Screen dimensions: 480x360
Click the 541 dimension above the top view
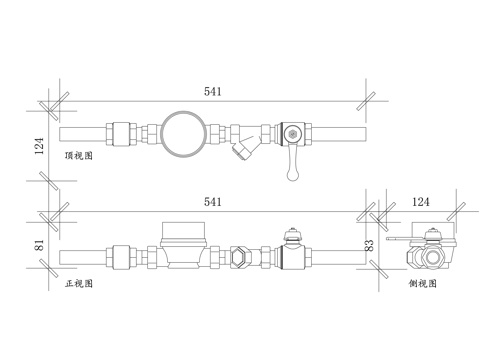213,91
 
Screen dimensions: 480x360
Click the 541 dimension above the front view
213,202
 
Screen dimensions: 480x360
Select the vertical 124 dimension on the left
39,146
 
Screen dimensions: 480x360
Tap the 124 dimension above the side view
421,202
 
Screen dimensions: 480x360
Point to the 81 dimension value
39,245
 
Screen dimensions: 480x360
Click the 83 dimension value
370,245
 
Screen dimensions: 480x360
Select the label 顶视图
79,156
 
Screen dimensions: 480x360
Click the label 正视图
79,283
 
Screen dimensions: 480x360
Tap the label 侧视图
423,283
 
